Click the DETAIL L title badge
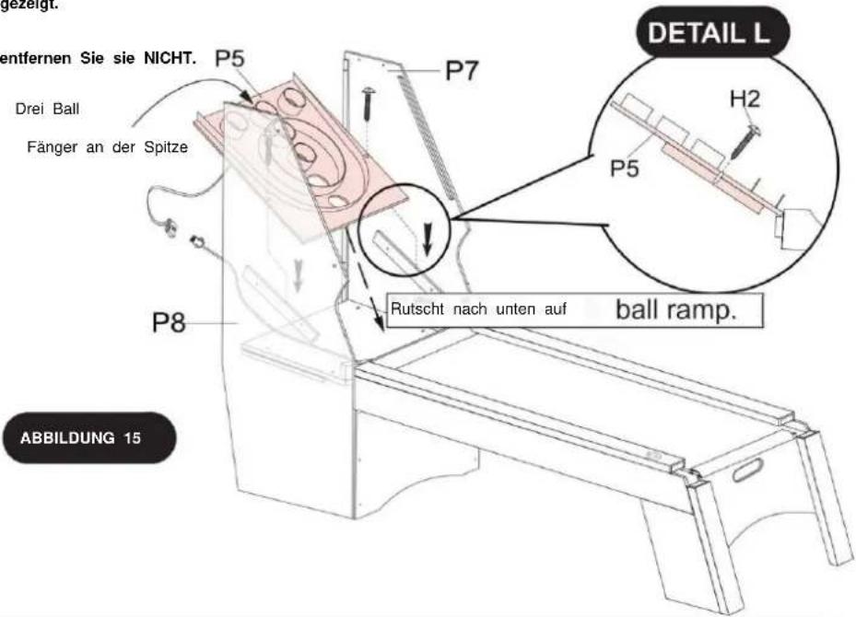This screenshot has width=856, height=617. (x=712, y=33)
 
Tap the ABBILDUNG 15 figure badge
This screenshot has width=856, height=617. (x=89, y=437)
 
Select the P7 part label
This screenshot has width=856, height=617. (x=462, y=70)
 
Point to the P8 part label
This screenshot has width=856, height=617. (x=169, y=322)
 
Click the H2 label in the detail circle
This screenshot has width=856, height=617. (x=745, y=99)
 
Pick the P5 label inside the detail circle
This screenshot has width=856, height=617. (x=624, y=168)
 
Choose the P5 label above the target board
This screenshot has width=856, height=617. (x=229, y=58)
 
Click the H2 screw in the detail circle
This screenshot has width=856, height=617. (x=745, y=141)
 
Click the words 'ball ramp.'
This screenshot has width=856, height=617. (x=675, y=309)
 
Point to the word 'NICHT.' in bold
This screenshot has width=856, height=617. (x=170, y=58)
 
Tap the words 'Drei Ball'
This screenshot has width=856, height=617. (x=48, y=109)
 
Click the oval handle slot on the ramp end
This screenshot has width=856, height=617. (x=747, y=470)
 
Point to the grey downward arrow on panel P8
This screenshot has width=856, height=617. (x=298, y=274)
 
